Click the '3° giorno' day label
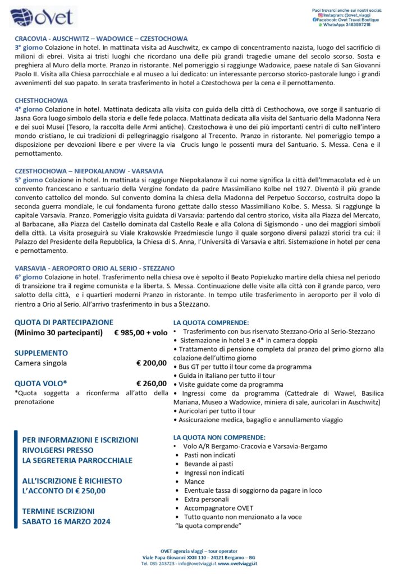[29, 48]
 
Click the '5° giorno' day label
[29, 179]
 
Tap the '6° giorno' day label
[29, 276]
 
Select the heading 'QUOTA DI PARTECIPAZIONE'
[64, 322]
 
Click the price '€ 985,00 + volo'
[140, 333]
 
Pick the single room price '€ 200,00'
[152, 363]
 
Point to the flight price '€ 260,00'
[152, 383]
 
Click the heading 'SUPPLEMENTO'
[41, 353]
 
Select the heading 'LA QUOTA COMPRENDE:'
[211, 323]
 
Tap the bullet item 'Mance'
[194, 482]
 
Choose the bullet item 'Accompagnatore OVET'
[218, 508]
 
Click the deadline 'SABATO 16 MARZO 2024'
[66, 521]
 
